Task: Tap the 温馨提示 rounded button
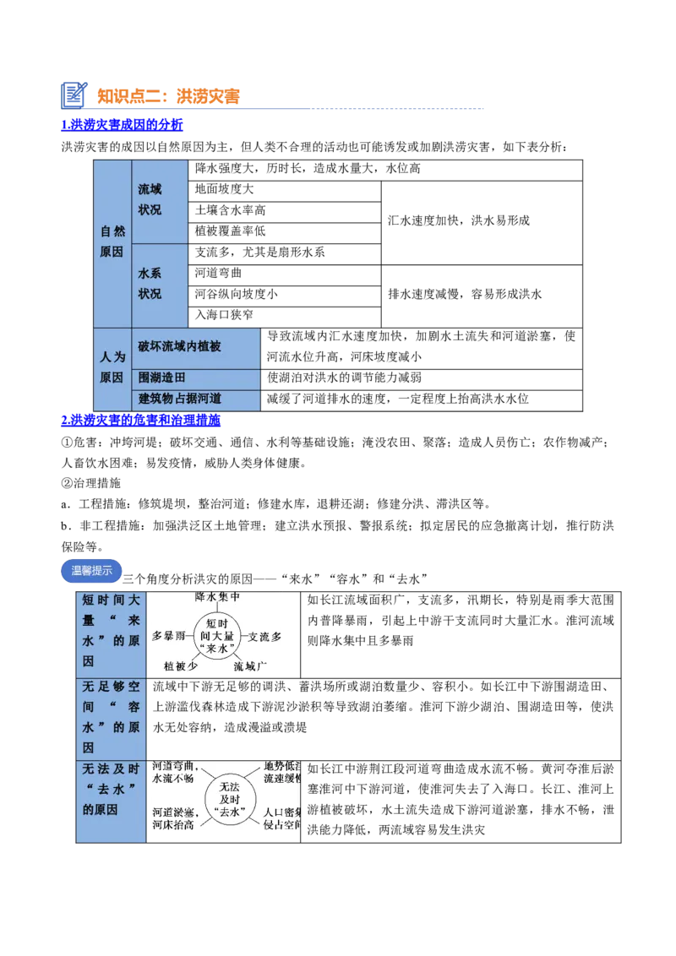(x=91, y=571)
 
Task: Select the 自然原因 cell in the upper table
(x=112, y=242)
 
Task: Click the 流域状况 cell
(x=160, y=200)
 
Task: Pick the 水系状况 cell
(x=160, y=285)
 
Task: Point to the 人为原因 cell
(x=112, y=368)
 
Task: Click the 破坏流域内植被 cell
(x=196, y=347)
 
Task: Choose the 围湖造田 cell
(x=196, y=378)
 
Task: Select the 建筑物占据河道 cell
(x=196, y=399)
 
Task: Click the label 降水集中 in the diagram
(x=218, y=597)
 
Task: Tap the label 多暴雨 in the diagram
(x=168, y=635)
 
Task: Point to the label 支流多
(x=264, y=635)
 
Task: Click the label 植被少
(x=181, y=666)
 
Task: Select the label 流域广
(x=250, y=666)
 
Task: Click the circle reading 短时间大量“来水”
(x=217, y=635)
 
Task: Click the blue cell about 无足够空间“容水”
(x=112, y=718)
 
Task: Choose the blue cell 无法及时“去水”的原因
(x=112, y=800)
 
